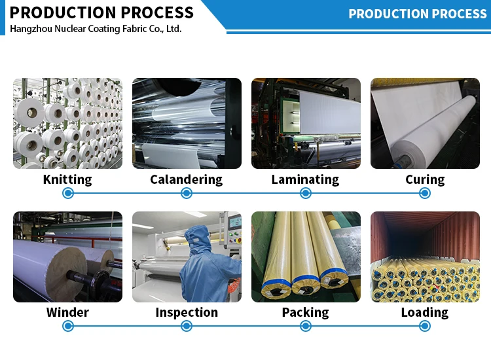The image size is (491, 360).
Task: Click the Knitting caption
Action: pyautogui.click(x=67, y=179)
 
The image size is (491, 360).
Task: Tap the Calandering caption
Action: pyautogui.click(x=186, y=179)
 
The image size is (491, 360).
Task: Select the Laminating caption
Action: pyautogui.click(x=305, y=179)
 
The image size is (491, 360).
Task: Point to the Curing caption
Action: pyautogui.click(x=424, y=179)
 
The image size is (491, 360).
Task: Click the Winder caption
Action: pyautogui.click(x=67, y=312)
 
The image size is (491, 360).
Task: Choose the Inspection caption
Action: pyautogui.click(x=187, y=312)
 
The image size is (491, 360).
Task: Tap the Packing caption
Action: pyautogui.click(x=305, y=312)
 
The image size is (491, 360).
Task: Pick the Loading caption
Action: pyautogui.click(x=424, y=312)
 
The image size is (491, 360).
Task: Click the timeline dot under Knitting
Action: pyautogui.click(x=67, y=193)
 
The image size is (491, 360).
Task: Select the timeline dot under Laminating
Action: pyautogui.click(x=306, y=193)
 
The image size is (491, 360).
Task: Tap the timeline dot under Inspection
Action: pyautogui.click(x=187, y=326)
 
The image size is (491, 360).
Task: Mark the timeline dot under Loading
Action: pyautogui.click(x=425, y=326)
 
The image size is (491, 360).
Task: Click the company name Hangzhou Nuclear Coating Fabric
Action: pyautogui.click(x=96, y=29)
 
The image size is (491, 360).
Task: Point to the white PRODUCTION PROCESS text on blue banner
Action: pyautogui.click(x=417, y=14)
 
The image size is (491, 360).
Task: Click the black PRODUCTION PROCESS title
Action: pyautogui.click(x=102, y=12)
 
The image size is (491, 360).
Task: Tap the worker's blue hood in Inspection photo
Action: pyautogui.click(x=196, y=236)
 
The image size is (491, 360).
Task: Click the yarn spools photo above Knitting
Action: pyautogui.click(x=67, y=123)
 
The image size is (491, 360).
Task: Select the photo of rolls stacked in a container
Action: pyautogui.click(x=425, y=257)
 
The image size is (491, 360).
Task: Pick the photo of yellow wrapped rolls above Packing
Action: pyautogui.click(x=306, y=257)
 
